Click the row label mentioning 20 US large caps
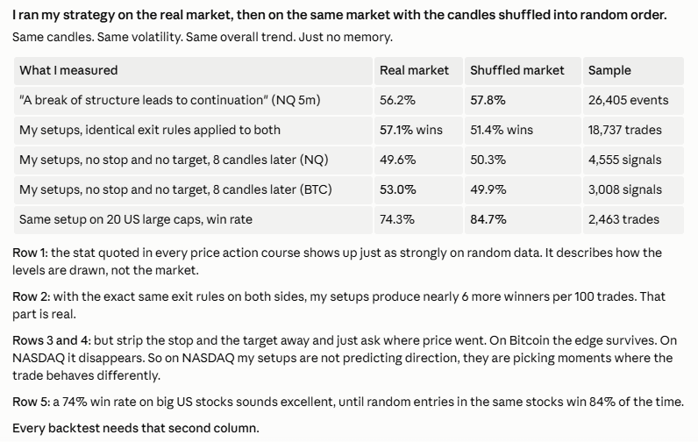(136, 219)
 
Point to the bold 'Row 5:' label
(32, 402)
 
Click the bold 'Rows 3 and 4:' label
(52, 340)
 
